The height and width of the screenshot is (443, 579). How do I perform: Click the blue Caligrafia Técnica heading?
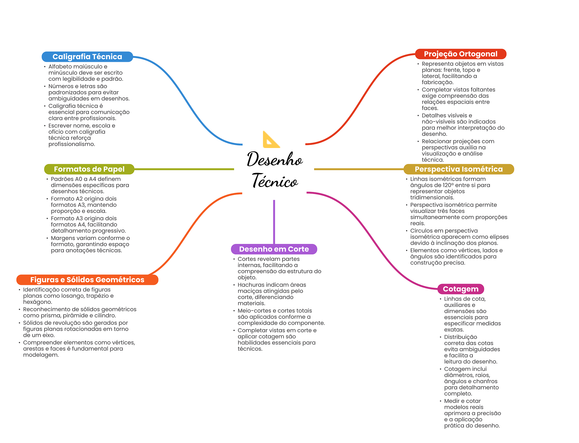point(87,57)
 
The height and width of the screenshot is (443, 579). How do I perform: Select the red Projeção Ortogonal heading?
point(460,54)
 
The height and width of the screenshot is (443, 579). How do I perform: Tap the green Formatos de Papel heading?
point(89,169)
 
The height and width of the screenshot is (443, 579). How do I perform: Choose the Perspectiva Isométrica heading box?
point(458,169)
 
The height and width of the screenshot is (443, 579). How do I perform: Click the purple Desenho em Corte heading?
point(274,249)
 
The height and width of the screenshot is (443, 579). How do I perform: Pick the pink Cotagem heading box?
point(460,289)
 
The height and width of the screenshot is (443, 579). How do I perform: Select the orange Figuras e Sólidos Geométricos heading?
point(87,280)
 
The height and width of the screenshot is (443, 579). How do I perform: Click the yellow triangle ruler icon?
point(271,140)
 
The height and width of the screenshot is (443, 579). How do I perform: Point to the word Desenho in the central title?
point(275,159)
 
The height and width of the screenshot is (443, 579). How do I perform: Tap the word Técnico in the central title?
point(275,181)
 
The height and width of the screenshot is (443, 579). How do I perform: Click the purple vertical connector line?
point(274,222)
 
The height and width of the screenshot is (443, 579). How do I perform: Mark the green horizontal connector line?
point(184,169)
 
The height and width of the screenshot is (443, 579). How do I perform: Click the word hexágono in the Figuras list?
point(37,302)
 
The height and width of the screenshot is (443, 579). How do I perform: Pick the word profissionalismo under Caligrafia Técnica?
point(72,144)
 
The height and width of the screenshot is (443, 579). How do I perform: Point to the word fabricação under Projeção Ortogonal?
point(437,82)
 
